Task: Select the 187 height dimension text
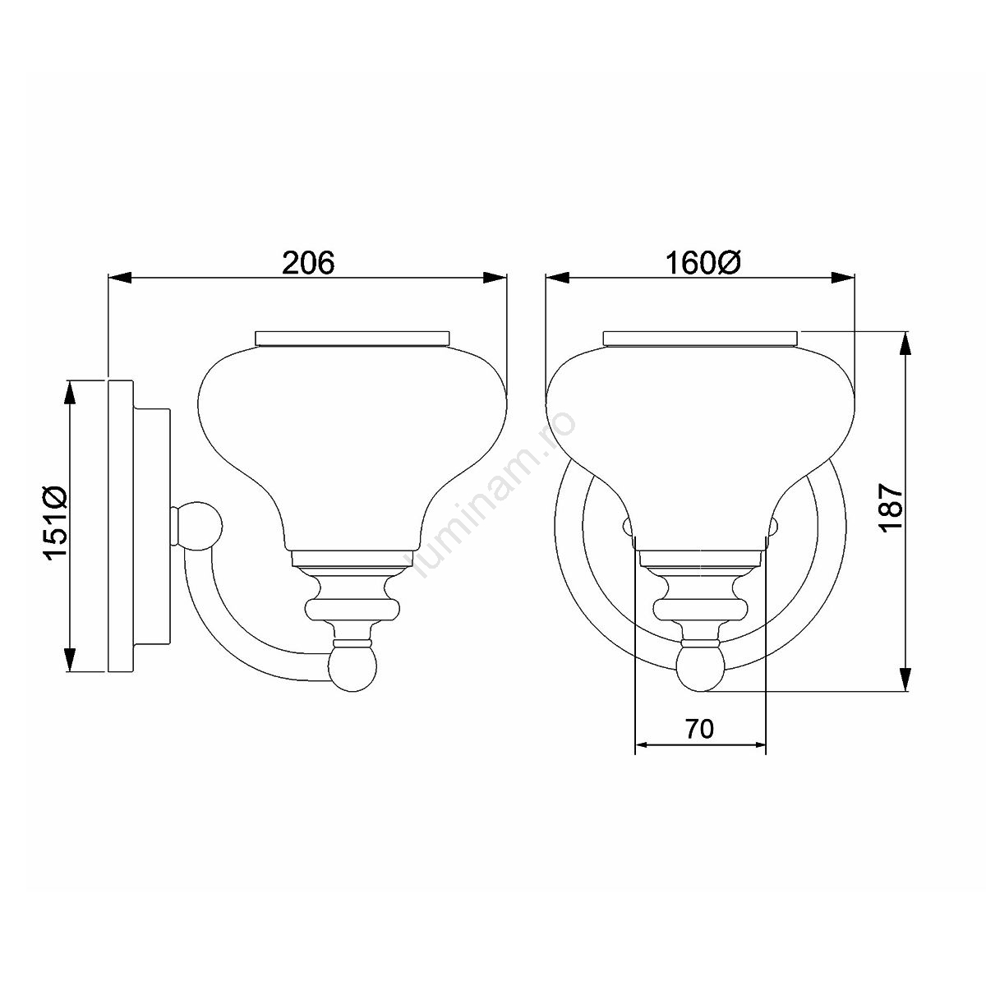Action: pos(891,508)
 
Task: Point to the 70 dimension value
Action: pos(700,729)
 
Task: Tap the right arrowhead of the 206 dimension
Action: pos(495,278)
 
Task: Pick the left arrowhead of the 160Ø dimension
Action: pos(558,278)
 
